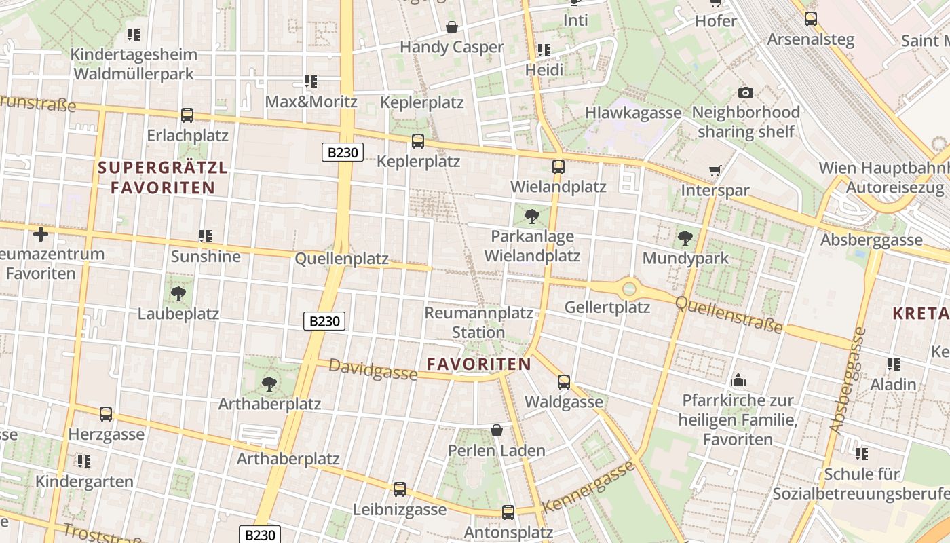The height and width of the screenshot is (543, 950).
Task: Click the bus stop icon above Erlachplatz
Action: [x=187, y=115]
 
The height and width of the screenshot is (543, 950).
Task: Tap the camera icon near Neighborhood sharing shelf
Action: [x=745, y=92]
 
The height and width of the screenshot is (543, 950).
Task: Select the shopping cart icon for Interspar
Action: [x=715, y=170]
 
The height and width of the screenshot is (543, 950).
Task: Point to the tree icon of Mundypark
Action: [x=685, y=238]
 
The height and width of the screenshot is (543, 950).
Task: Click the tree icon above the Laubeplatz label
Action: [x=178, y=294]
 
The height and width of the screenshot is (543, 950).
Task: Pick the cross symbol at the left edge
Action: [x=41, y=234]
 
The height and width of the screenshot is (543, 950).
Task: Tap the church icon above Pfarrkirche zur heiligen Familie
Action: [x=738, y=381]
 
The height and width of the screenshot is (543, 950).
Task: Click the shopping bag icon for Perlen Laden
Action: [x=497, y=430]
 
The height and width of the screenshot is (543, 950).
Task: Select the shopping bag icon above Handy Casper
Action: [x=451, y=27]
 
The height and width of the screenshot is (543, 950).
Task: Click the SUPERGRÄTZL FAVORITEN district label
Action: [x=163, y=177]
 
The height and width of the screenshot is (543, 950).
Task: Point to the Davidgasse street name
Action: [x=373, y=370]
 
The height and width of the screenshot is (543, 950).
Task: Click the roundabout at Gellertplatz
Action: [x=629, y=288]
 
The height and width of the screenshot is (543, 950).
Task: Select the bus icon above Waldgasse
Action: [x=563, y=382]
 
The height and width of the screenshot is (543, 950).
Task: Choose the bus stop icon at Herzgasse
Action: [x=106, y=414]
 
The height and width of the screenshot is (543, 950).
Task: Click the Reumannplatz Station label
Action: [x=478, y=322]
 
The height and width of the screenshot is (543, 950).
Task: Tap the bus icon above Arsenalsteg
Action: [x=810, y=19]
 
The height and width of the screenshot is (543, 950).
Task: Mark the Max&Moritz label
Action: [x=311, y=102]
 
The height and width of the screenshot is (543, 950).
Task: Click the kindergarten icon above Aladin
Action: [x=894, y=364]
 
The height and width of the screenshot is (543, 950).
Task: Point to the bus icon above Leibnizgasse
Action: [x=400, y=489]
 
